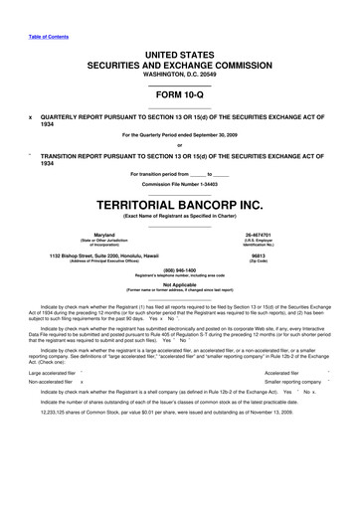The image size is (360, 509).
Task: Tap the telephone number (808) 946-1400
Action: tap(179, 271)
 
